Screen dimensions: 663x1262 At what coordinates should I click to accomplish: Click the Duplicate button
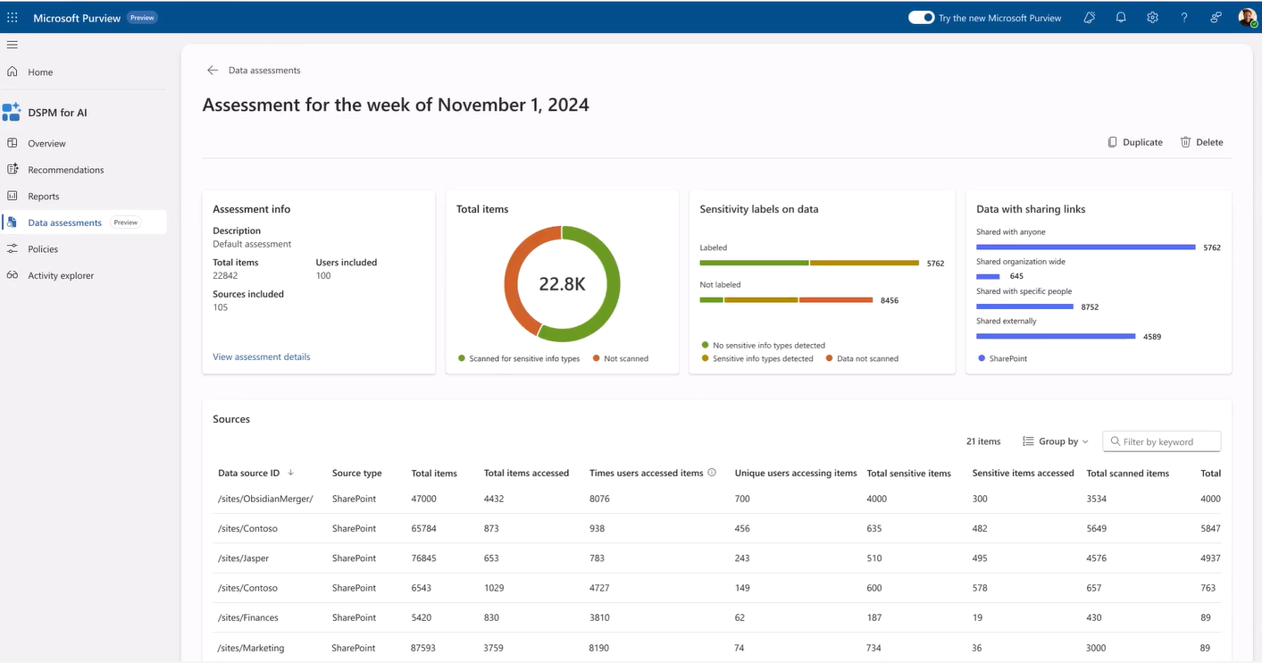pos(1135,142)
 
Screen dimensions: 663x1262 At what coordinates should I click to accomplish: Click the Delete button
pos(1201,142)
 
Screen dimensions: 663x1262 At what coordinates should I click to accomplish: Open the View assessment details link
pos(262,357)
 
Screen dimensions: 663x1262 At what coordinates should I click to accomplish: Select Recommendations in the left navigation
pos(65,170)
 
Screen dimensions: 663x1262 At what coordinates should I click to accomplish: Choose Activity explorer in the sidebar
pos(60,275)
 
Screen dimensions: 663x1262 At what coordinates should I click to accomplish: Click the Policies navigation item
pos(42,249)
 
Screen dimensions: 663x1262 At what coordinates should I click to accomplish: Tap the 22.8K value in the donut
pos(562,284)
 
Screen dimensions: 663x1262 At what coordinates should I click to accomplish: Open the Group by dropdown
pos(1056,441)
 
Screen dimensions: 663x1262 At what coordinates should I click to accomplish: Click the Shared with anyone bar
pos(1085,247)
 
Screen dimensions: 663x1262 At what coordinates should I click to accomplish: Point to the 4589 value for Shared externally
pos(1152,337)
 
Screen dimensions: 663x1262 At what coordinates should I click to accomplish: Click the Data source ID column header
pos(249,473)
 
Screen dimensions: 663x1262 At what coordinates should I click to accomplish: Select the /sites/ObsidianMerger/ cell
pos(265,499)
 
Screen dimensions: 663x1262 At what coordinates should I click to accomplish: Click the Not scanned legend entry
pos(625,358)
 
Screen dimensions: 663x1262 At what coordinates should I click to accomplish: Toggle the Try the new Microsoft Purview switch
pos(921,17)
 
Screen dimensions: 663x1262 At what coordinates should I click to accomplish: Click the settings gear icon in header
pos(1152,17)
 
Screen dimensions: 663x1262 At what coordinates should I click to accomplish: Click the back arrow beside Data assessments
pos(213,71)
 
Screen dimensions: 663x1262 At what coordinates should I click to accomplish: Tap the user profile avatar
pos(1247,17)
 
